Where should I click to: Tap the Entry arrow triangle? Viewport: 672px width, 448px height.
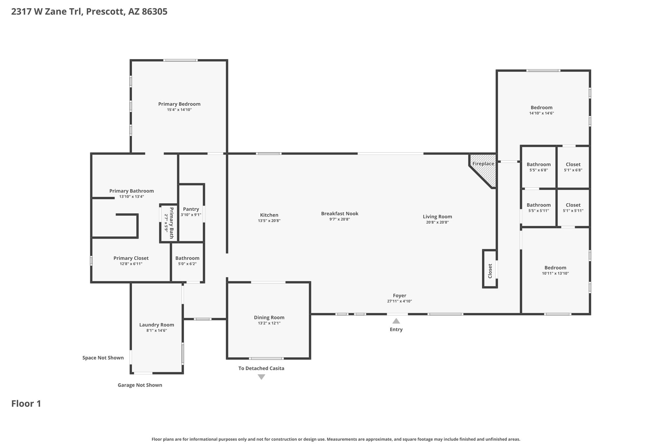pos(396,321)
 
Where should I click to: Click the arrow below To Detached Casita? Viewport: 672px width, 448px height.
pos(261,377)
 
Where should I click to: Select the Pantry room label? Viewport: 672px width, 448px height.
pos(191,209)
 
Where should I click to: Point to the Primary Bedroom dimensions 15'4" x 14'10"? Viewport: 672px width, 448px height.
pos(179,110)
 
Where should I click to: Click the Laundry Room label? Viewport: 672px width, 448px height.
pos(157,325)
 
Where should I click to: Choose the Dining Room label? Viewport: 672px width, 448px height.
pos(269,317)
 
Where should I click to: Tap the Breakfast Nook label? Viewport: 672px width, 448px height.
pos(340,214)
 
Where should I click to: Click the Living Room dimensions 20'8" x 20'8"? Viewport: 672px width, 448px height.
pos(437,222)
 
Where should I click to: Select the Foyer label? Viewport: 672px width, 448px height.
pos(399,296)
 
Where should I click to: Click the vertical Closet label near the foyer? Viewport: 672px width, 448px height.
pos(490,271)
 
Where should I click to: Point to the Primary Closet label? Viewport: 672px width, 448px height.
pos(131,258)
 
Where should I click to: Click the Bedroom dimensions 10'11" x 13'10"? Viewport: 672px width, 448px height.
pos(555,273)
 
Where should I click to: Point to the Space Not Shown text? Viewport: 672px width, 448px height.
pos(103,358)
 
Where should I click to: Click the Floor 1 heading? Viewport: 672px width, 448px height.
pos(26,404)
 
